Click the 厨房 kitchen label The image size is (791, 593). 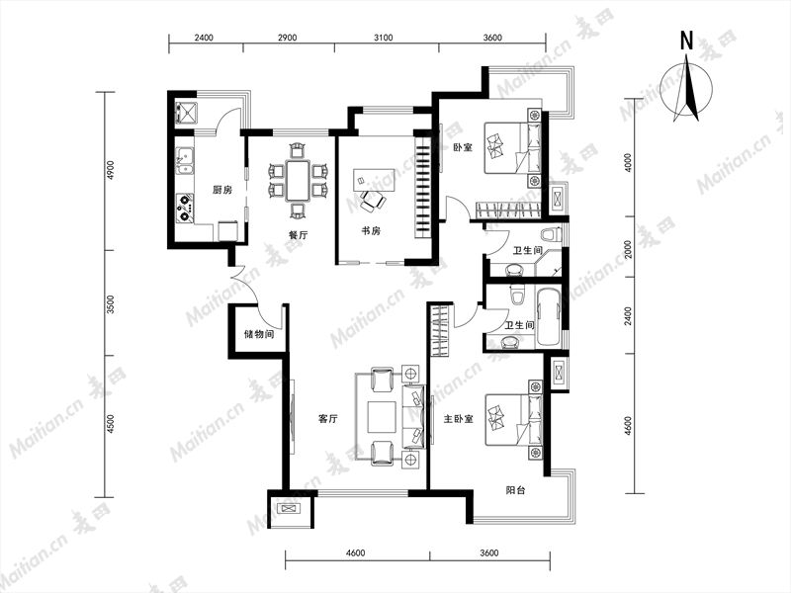point(221,190)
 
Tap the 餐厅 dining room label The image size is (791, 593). point(299,235)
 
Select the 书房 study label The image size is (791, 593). point(371,231)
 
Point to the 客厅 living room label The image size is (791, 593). point(328,418)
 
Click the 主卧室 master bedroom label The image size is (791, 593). point(458,418)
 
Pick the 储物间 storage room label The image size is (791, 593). point(259,334)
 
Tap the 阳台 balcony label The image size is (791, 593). point(515,489)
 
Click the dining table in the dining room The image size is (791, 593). point(298,181)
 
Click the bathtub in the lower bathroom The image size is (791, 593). point(549,315)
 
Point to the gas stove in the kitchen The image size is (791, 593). point(185,208)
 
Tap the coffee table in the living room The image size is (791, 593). point(382,416)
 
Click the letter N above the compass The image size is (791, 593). point(686,41)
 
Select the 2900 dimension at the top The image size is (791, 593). point(287,38)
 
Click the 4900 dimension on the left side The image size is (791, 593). point(111,170)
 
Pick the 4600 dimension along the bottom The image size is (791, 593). point(356,552)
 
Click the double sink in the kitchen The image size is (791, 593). point(185,160)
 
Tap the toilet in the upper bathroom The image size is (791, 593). point(550,234)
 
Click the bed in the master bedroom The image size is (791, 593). point(513,419)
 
